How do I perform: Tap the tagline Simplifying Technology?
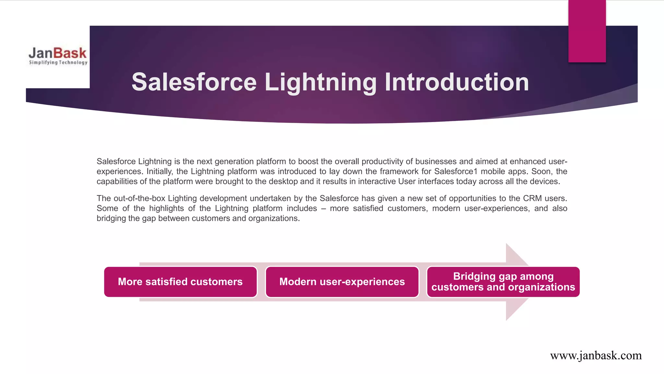click(58, 62)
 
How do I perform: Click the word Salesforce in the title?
click(194, 82)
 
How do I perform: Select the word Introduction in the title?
click(457, 82)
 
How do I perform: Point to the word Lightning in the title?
click(320, 82)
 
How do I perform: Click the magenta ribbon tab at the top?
click(587, 31)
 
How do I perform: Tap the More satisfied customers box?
click(180, 282)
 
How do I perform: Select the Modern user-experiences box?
click(342, 282)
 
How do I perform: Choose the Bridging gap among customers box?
click(503, 282)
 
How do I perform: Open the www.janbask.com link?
click(596, 355)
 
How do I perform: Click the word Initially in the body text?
click(159, 171)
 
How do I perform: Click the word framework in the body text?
click(399, 171)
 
